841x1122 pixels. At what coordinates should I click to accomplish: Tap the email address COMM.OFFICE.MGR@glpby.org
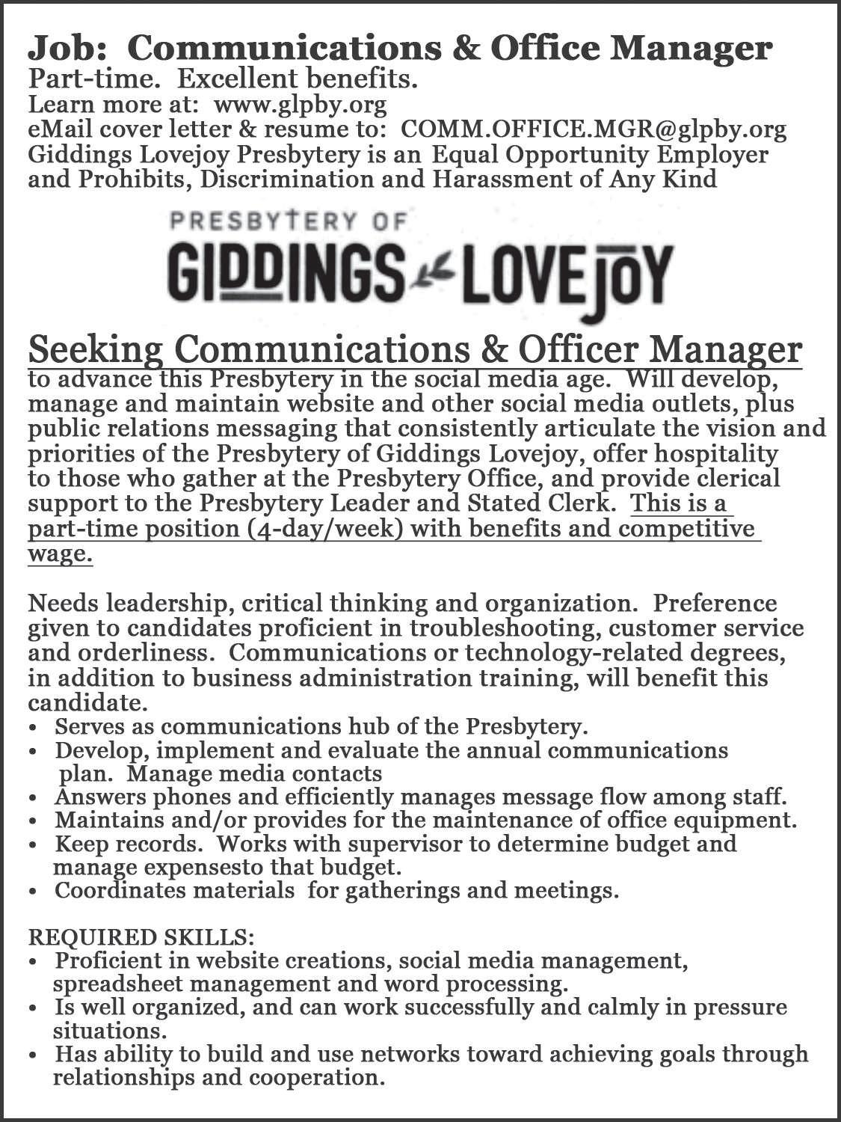(594, 129)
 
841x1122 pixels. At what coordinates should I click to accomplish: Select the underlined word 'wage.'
(60, 554)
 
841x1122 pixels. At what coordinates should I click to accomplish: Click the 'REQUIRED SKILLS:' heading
(141, 936)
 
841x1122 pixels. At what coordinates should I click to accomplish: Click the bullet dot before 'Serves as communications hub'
(34, 728)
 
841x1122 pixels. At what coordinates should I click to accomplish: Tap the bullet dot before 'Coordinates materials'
(34, 892)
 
